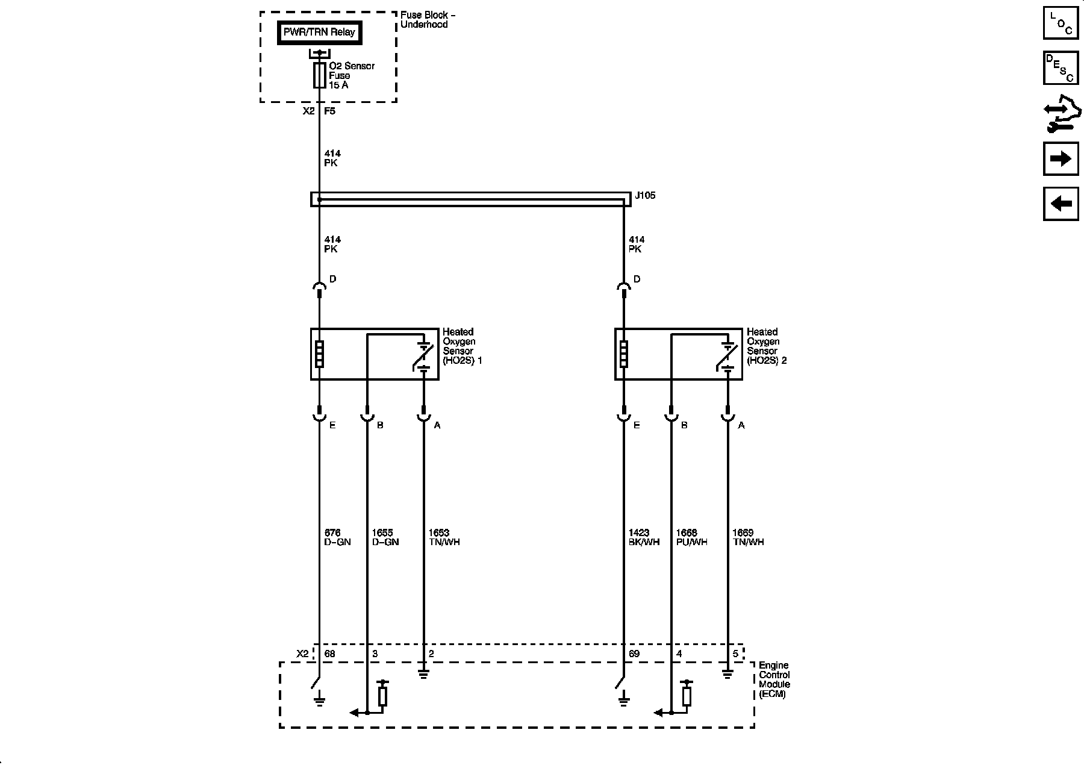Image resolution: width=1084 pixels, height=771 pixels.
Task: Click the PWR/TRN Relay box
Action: coord(319,33)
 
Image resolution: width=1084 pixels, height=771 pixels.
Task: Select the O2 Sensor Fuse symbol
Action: coord(320,76)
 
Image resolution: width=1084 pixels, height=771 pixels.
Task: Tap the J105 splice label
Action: coord(645,196)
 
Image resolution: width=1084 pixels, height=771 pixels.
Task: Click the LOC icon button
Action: coord(1061,23)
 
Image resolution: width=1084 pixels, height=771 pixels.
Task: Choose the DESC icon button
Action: coord(1061,67)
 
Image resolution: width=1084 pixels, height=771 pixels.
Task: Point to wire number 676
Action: coord(332,532)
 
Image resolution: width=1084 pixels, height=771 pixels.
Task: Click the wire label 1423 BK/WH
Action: coord(644,537)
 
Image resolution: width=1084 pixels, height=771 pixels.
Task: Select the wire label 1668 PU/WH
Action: coord(691,537)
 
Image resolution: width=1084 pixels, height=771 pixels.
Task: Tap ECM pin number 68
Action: coord(329,654)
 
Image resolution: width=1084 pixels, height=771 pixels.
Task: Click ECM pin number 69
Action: coord(634,654)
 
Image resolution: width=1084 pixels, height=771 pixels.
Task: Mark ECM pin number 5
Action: coord(735,654)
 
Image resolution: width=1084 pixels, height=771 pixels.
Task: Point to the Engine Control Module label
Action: coord(774,679)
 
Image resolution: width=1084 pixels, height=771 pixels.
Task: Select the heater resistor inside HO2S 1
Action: coord(319,354)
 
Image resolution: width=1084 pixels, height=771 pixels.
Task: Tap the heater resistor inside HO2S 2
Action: coord(623,354)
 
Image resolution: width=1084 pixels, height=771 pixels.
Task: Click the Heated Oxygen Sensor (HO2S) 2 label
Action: coord(766,346)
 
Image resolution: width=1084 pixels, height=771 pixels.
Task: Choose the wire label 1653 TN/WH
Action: coord(444,537)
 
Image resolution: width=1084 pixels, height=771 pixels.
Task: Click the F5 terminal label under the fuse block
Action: coord(329,111)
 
